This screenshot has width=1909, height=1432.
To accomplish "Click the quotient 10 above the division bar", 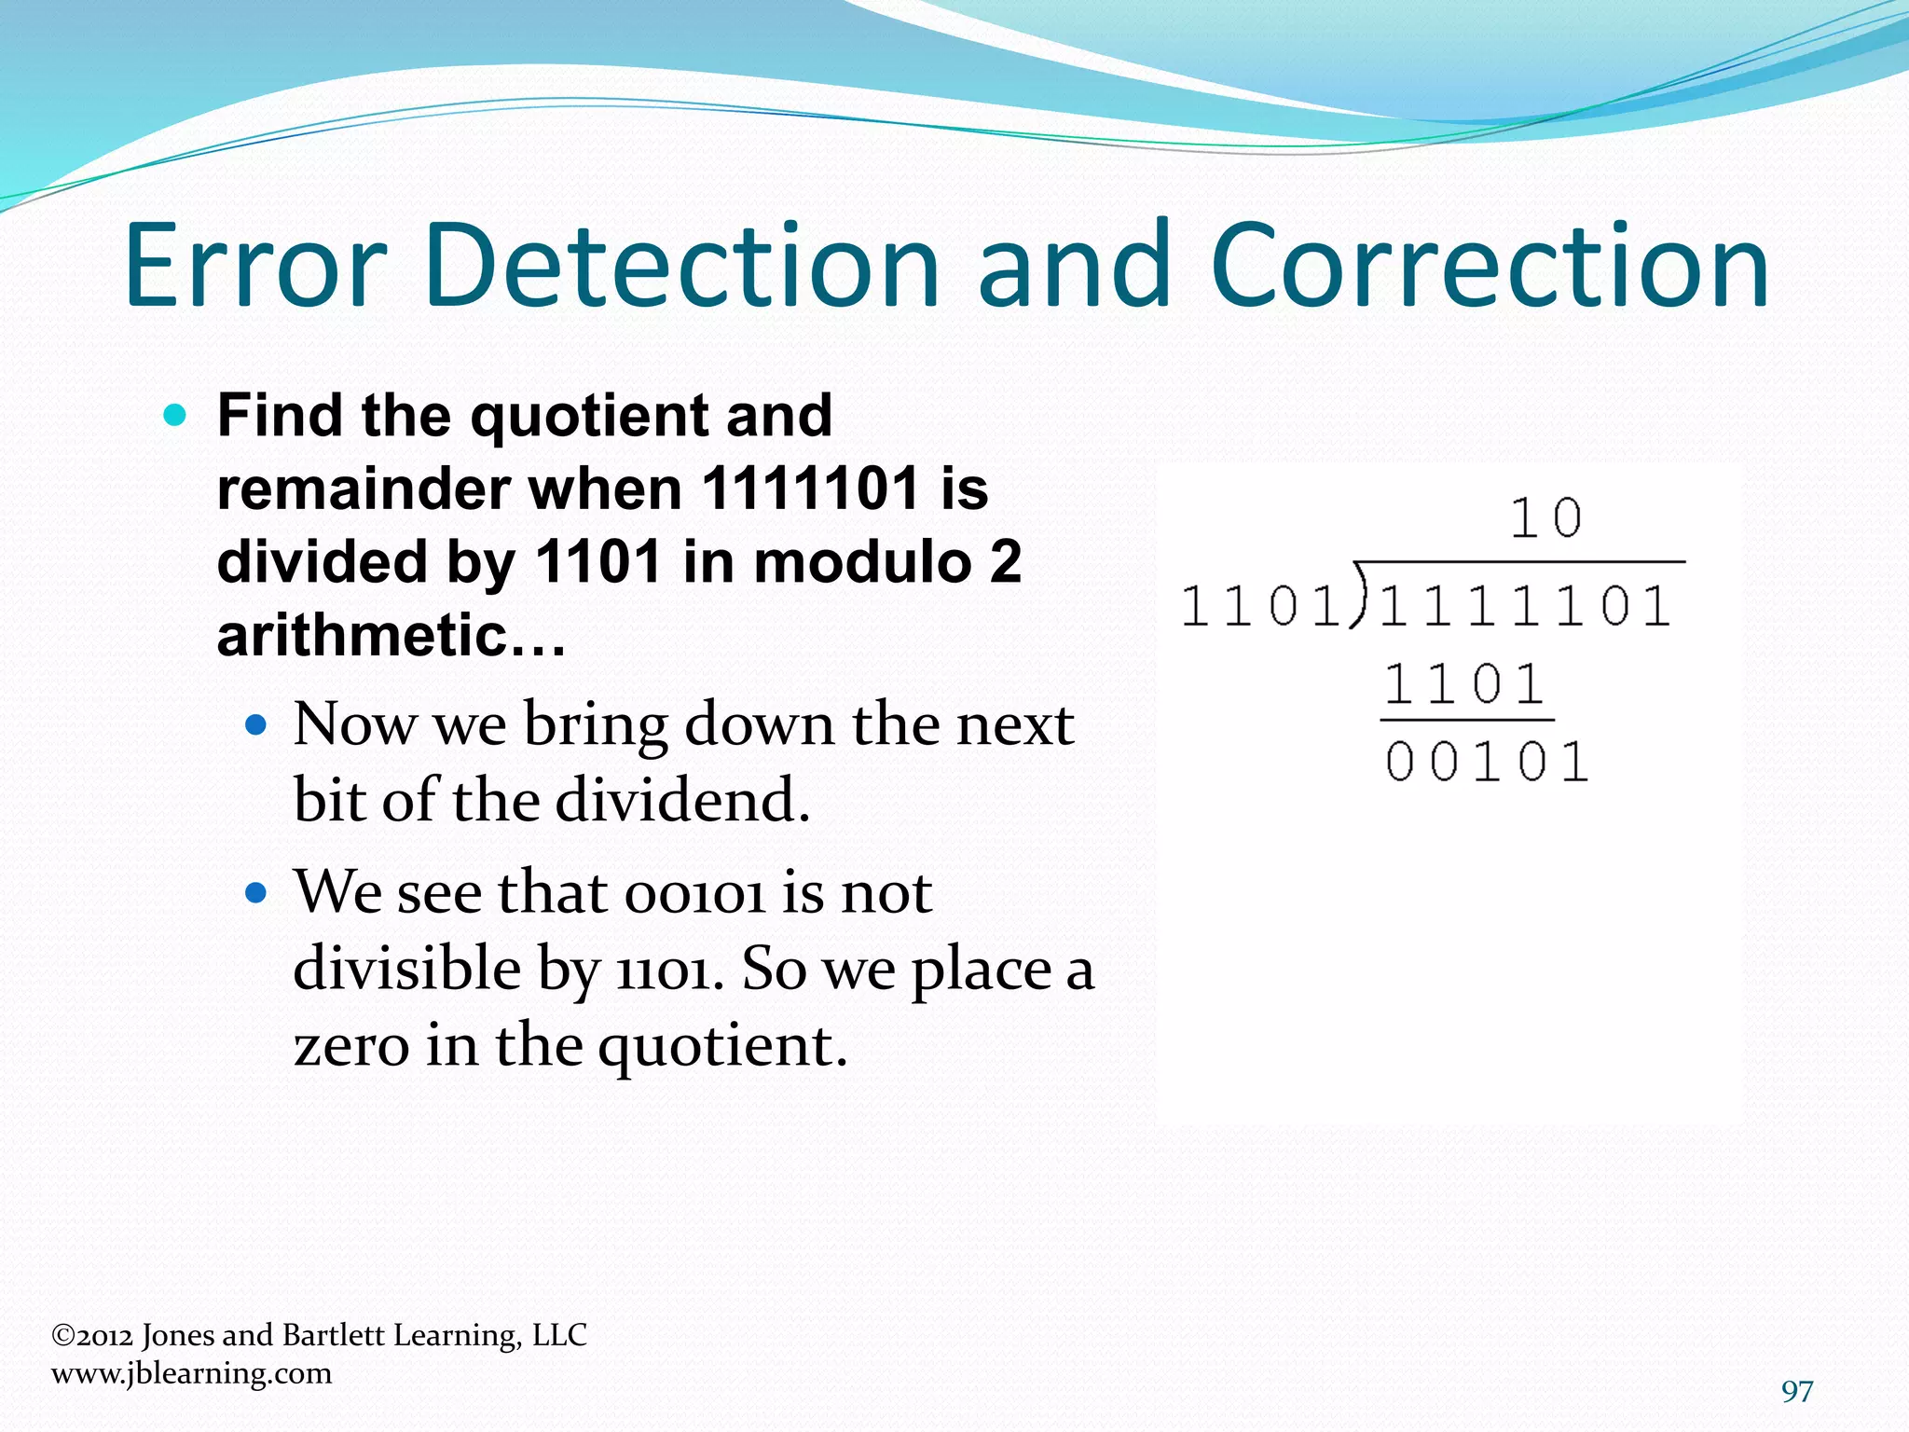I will tap(1545, 518).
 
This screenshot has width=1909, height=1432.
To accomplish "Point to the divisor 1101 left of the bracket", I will tap(1260, 607).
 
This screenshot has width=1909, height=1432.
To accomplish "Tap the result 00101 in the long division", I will tap(1486, 763).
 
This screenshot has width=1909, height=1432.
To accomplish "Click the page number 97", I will tap(1796, 1391).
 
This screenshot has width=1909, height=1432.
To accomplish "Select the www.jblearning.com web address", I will tap(191, 1373).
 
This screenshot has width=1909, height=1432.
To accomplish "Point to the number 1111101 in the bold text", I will tap(811, 489).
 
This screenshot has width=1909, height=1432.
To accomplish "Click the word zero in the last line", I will tap(350, 1045).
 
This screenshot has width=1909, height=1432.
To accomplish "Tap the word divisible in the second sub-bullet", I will tap(406, 969).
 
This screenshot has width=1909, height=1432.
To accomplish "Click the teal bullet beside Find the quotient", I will tap(174, 415).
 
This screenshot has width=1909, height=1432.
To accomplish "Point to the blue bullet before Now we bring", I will tap(255, 724).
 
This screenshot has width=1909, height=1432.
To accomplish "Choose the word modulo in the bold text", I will tap(861, 562).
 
